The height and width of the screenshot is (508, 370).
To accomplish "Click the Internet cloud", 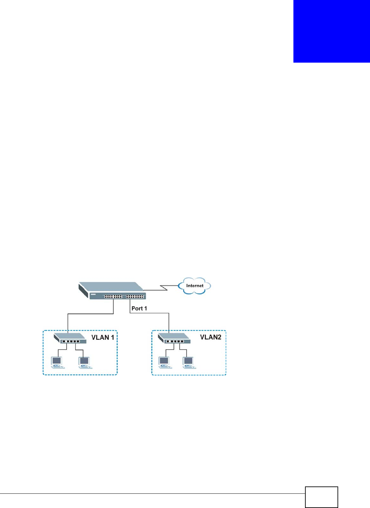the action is [195, 286].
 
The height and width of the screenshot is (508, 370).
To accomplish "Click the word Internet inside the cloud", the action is [195, 286].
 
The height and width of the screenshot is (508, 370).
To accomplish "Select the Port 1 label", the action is [139, 308].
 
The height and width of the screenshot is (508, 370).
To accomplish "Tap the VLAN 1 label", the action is [103, 338].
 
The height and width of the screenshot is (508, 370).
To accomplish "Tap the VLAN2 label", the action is [211, 337].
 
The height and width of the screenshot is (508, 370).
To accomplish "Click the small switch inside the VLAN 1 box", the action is [70, 338].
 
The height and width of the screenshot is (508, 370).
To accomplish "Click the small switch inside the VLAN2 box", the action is [174, 338].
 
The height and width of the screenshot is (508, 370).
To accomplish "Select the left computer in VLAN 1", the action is [57, 362].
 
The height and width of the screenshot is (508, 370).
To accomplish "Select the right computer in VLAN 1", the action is [85, 362].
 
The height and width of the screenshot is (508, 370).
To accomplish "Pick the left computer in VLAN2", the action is [164, 362].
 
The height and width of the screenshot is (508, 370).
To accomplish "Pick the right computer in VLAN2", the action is [189, 362].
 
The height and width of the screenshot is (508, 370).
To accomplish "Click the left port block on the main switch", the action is [113, 297].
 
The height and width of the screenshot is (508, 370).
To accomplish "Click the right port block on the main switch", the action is [135, 297].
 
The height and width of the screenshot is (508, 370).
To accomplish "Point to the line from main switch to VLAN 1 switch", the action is [90, 313].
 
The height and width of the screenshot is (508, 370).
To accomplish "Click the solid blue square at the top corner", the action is [332, 31].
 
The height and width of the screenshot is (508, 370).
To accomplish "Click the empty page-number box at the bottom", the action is [321, 497].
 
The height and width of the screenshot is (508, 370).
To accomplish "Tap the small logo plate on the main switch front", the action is [93, 295].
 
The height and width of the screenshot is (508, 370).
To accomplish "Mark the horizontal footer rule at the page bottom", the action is [153, 494].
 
